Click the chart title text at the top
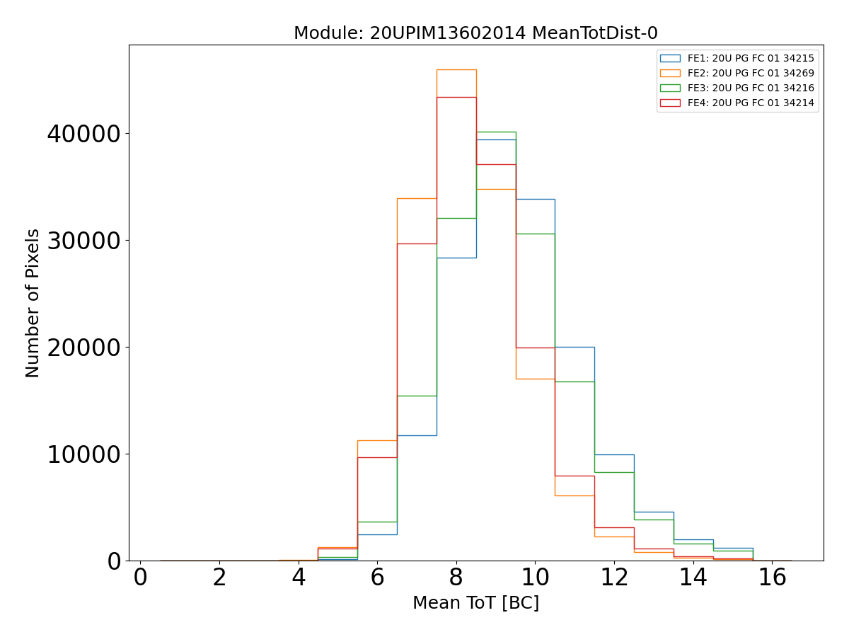(475, 33)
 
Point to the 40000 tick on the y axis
(83, 134)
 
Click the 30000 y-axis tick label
(83, 241)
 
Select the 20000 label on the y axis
(83, 348)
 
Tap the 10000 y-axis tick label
(83, 454)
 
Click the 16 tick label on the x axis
(772, 578)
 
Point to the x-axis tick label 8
(456, 578)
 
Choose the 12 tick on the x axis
(614, 578)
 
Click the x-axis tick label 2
(219, 578)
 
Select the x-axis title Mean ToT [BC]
(475, 603)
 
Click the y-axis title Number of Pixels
(33, 303)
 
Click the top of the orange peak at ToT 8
(456, 69)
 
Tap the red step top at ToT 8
(456, 97)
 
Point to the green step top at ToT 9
(496, 132)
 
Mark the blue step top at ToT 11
(574, 347)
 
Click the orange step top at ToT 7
(417, 198)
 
